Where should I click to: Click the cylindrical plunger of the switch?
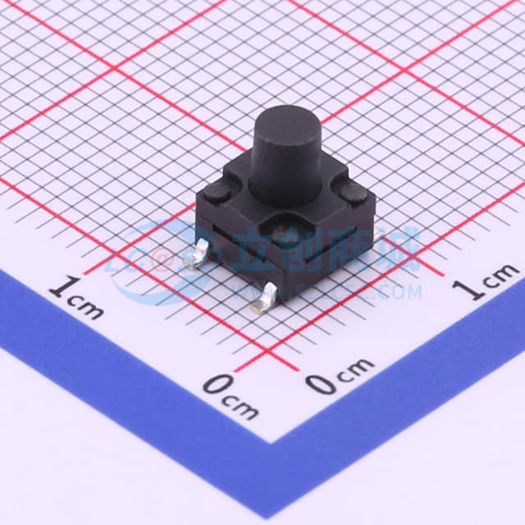coord(286,160)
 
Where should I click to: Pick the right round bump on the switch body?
coord(354,195)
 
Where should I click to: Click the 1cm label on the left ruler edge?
coord(75,299)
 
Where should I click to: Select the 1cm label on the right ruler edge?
coord(487,283)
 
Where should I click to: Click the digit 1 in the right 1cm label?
coord(468,289)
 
